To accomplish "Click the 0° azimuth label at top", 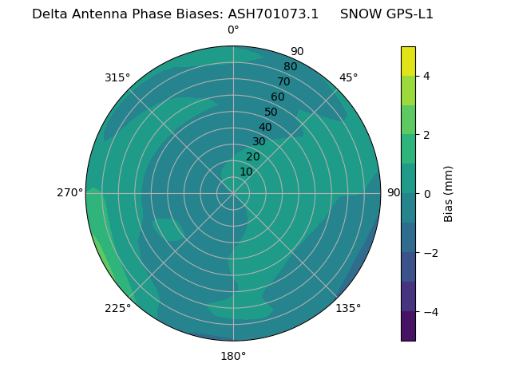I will tap(233, 30).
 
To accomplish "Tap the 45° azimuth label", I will tap(348, 77).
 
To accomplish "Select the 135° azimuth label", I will tap(348, 308).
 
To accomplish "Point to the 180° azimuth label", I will tap(233, 356).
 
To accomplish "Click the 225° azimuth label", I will tap(117, 308).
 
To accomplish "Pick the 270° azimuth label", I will tap(70, 193).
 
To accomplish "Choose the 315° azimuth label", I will tap(117, 77).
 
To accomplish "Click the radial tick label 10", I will tap(246, 172).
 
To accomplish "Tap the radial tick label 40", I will tap(265, 128).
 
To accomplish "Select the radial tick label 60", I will tap(278, 97).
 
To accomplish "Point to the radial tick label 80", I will tap(290, 67).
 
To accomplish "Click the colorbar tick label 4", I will tap(426, 76).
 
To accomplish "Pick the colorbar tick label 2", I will tap(426, 135).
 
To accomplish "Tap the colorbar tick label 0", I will tap(426, 194).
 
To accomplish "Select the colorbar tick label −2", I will tap(430, 253).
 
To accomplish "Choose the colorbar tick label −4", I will tap(430, 312).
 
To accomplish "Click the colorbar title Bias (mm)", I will tap(449, 194).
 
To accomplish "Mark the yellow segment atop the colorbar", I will tap(408, 61).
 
